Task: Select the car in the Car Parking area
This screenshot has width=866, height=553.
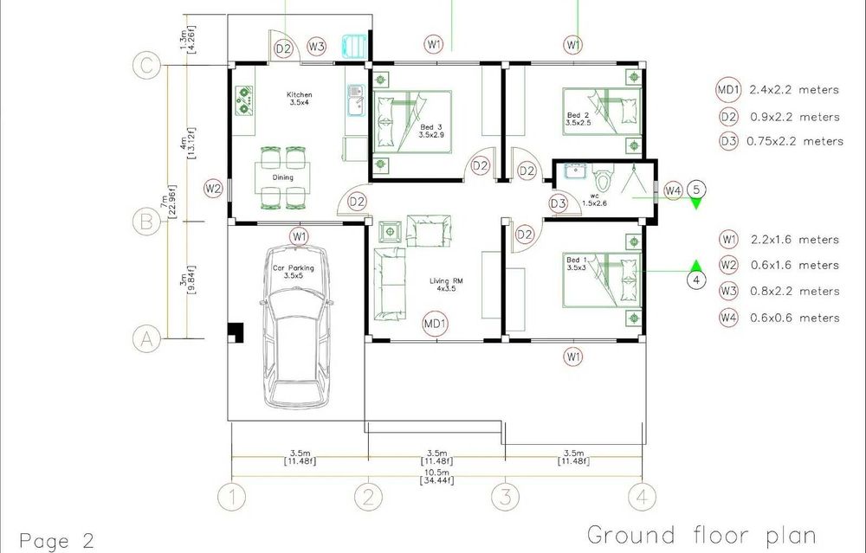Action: [x=296, y=327]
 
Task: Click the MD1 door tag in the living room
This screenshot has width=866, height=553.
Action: [x=435, y=324]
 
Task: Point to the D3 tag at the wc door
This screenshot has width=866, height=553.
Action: [x=559, y=203]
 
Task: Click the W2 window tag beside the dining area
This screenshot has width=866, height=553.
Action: [x=213, y=189]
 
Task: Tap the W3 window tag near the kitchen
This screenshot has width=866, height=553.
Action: [x=316, y=47]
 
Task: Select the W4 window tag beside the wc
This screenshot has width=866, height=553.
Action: [x=673, y=191]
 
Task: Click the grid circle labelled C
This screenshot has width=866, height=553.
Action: [x=146, y=67]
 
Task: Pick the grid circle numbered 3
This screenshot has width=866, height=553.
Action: [x=506, y=497]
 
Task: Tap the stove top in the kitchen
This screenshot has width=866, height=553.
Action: [x=243, y=100]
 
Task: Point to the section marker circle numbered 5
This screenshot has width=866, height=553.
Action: [x=696, y=190]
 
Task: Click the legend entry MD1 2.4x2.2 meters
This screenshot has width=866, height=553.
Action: [x=778, y=90]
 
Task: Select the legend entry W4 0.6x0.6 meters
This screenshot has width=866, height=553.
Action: [x=779, y=318]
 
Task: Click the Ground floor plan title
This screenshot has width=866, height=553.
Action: [x=701, y=536]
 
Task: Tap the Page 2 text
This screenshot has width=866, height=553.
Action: [x=57, y=540]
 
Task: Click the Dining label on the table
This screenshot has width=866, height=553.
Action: [x=283, y=177]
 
